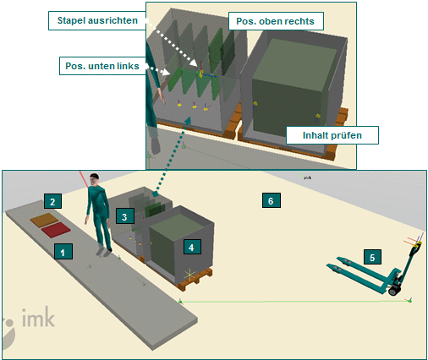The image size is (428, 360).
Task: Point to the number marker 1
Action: [x=59, y=250]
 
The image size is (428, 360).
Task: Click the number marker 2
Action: [x=52, y=202]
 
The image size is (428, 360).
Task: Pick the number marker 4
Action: [x=193, y=247]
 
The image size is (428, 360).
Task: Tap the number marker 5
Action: [x=371, y=255]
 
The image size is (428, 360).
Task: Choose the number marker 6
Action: [x=270, y=201]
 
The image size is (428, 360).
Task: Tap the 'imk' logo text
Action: [x=38, y=320]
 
